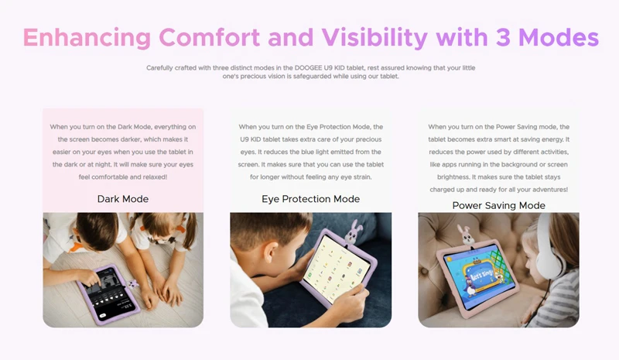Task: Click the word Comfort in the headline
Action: click(x=209, y=37)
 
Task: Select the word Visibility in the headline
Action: click(x=374, y=38)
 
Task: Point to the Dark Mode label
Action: click(x=123, y=199)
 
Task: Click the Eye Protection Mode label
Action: click(x=311, y=199)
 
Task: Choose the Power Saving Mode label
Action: click(x=498, y=205)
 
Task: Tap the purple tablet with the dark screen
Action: click(x=108, y=293)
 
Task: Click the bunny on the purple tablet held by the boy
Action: click(x=354, y=232)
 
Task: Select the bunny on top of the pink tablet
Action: click(x=466, y=236)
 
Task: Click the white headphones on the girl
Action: click(x=549, y=249)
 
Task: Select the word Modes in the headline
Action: click(x=559, y=37)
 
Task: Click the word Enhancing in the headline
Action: click(x=87, y=38)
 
